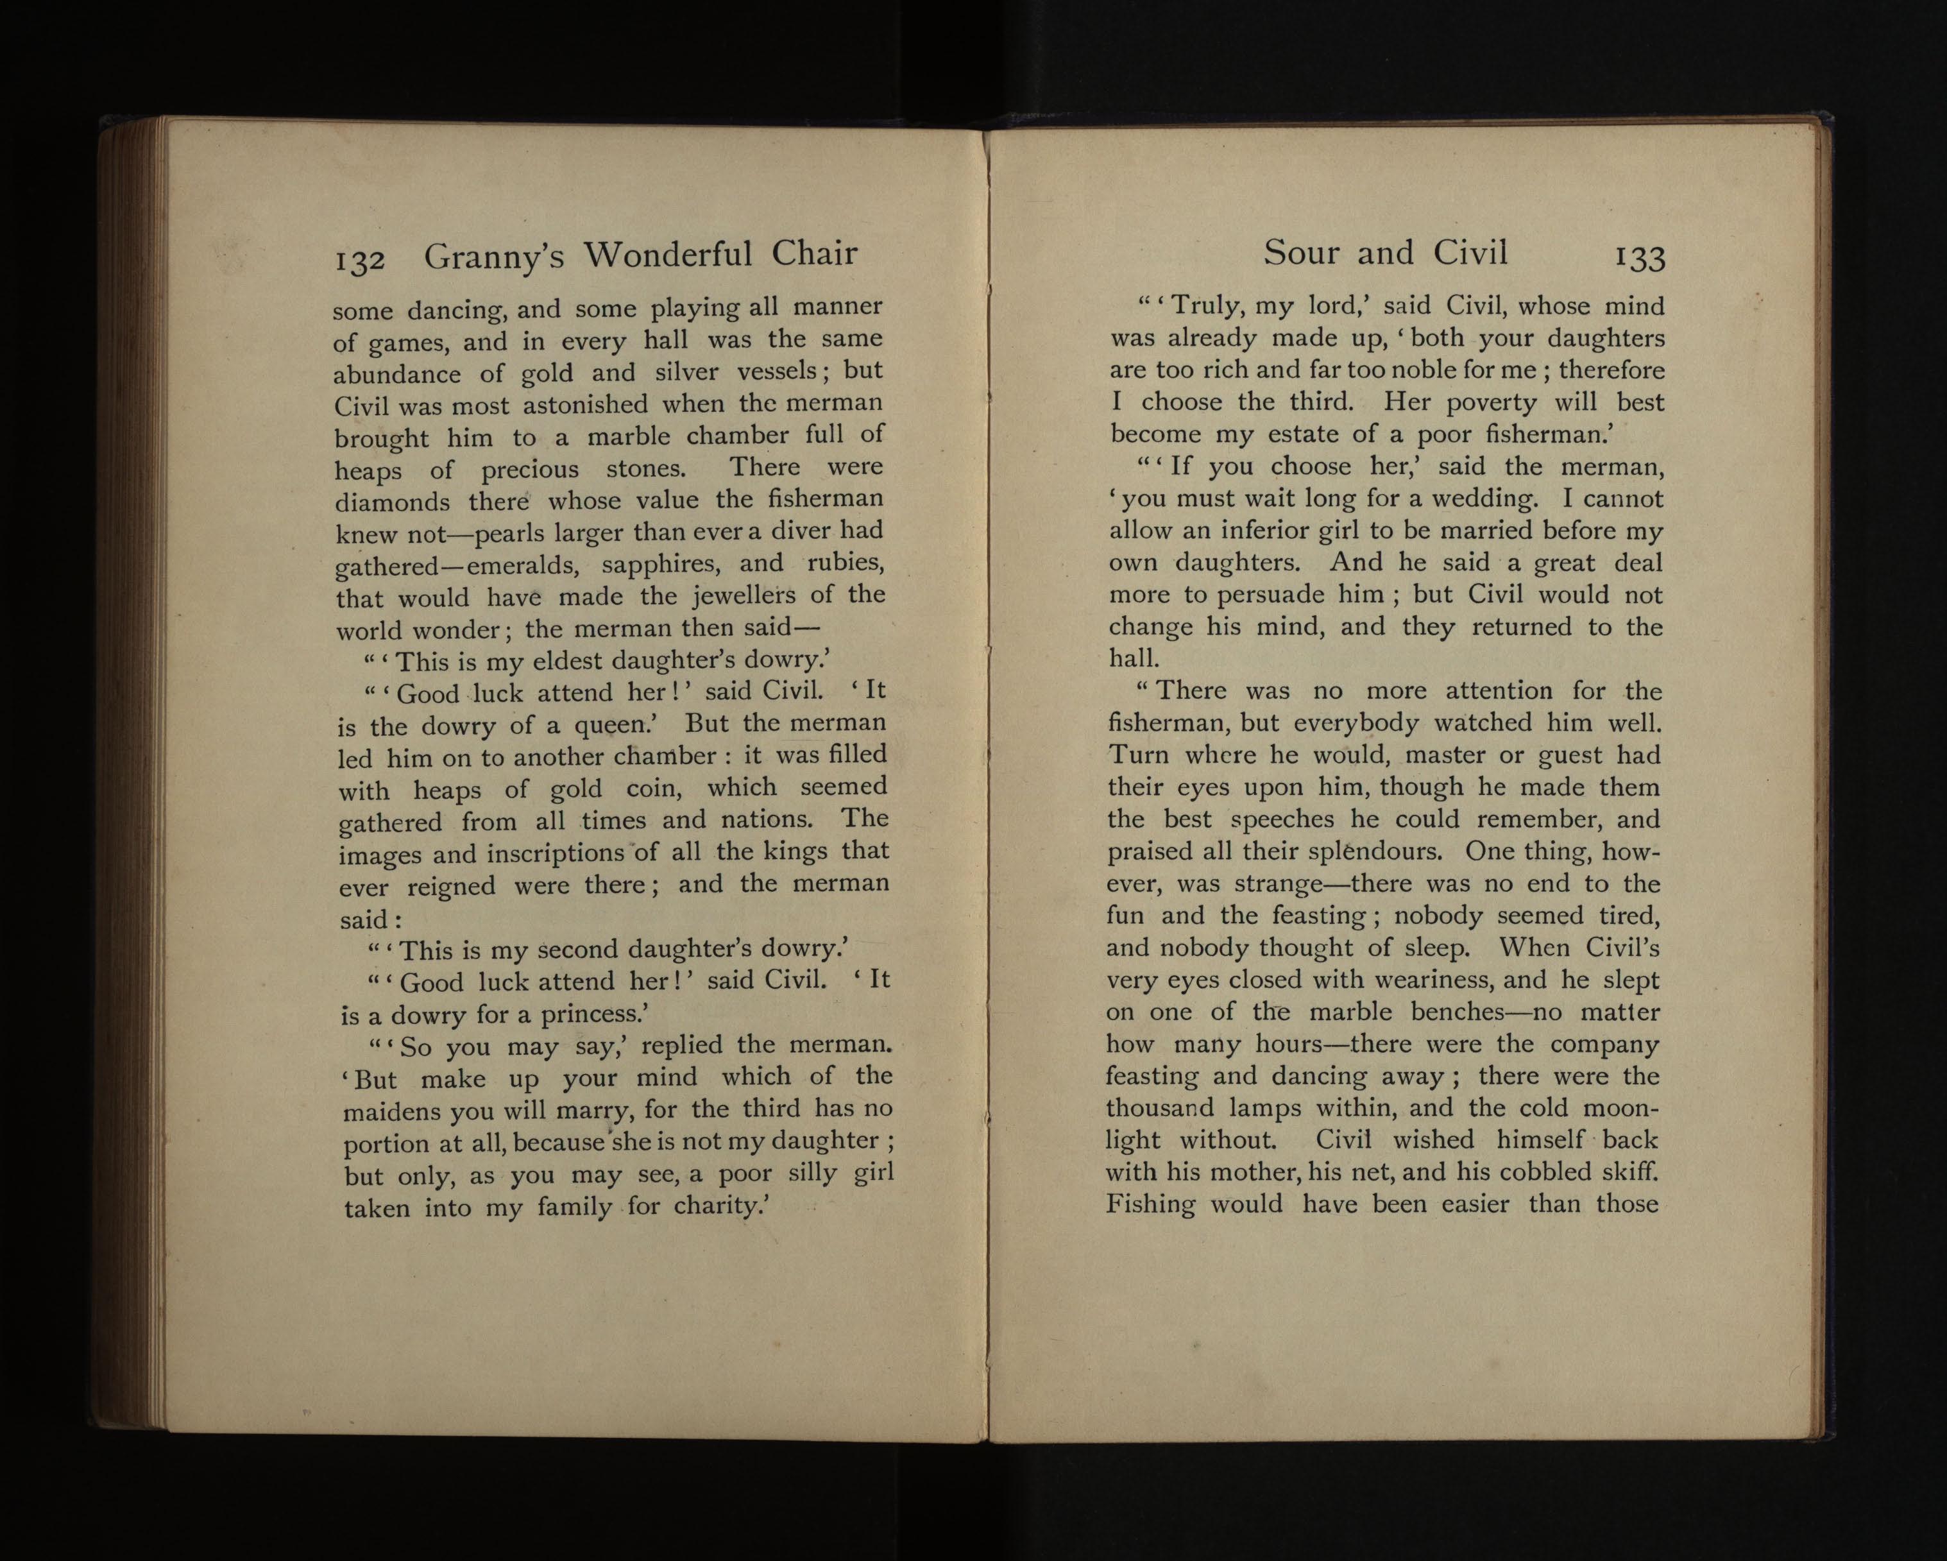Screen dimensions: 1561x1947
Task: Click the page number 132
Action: tap(361, 260)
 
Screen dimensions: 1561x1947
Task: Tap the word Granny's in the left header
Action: tap(494, 257)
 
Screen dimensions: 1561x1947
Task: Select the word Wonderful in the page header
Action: tap(667, 255)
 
